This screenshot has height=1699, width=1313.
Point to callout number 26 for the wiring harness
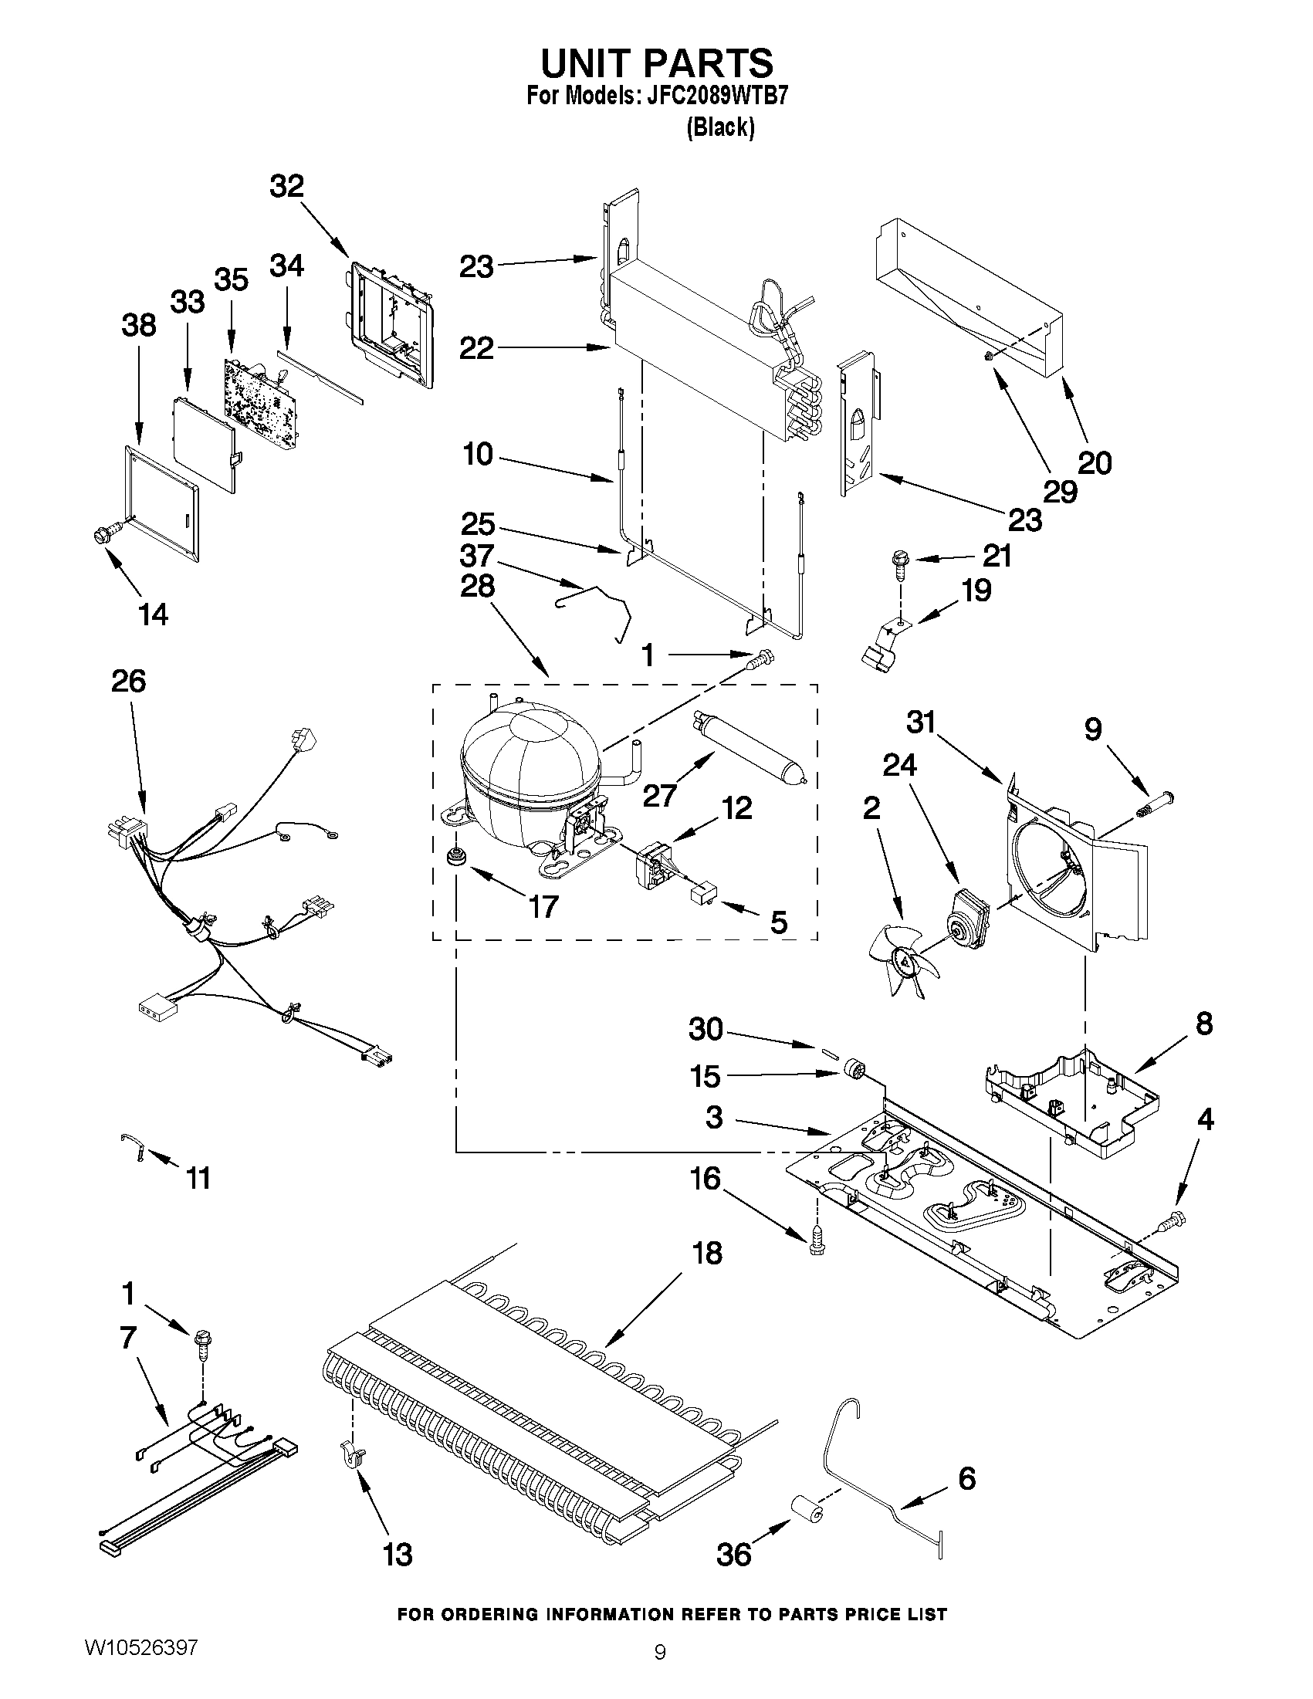pyautogui.click(x=129, y=681)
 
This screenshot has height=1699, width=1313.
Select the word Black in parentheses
pyautogui.click(x=720, y=127)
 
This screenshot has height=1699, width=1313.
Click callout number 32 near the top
pyautogui.click(x=286, y=187)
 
